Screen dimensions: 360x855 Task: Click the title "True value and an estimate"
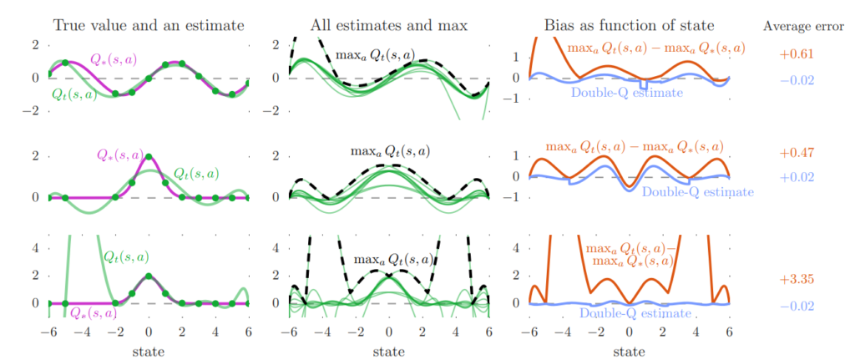(x=148, y=25)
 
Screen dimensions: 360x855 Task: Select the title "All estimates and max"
(x=387, y=25)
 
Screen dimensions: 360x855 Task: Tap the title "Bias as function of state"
(x=628, y=25)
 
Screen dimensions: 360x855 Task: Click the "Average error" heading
(x=802, y=26)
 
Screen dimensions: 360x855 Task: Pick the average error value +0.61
(x=796, y=54)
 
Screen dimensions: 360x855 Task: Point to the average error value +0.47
(x=796, y=154)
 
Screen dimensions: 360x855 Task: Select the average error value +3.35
(x=796, y=279)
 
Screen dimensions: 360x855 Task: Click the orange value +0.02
(x=796, y=177)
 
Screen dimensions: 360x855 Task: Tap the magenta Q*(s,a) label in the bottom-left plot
(x=93, y=313)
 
